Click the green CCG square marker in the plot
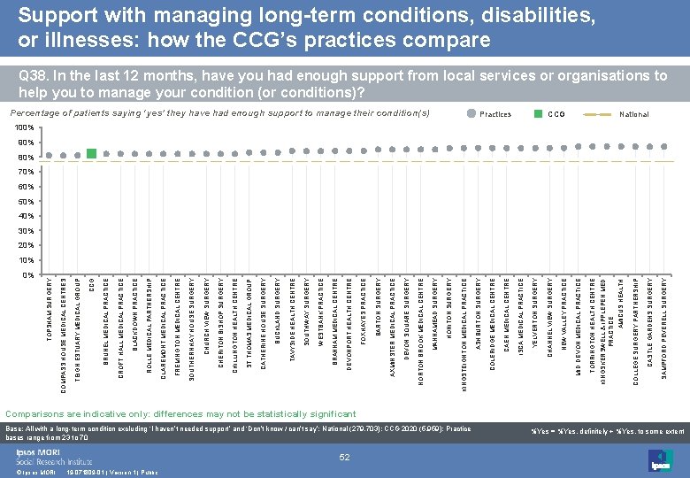tap(92, 154)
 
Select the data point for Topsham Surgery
tap(50, 155)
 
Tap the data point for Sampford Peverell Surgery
tap(663, 144)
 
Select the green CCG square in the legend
tap(538, 114)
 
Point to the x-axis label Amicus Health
tap(622, 305)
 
